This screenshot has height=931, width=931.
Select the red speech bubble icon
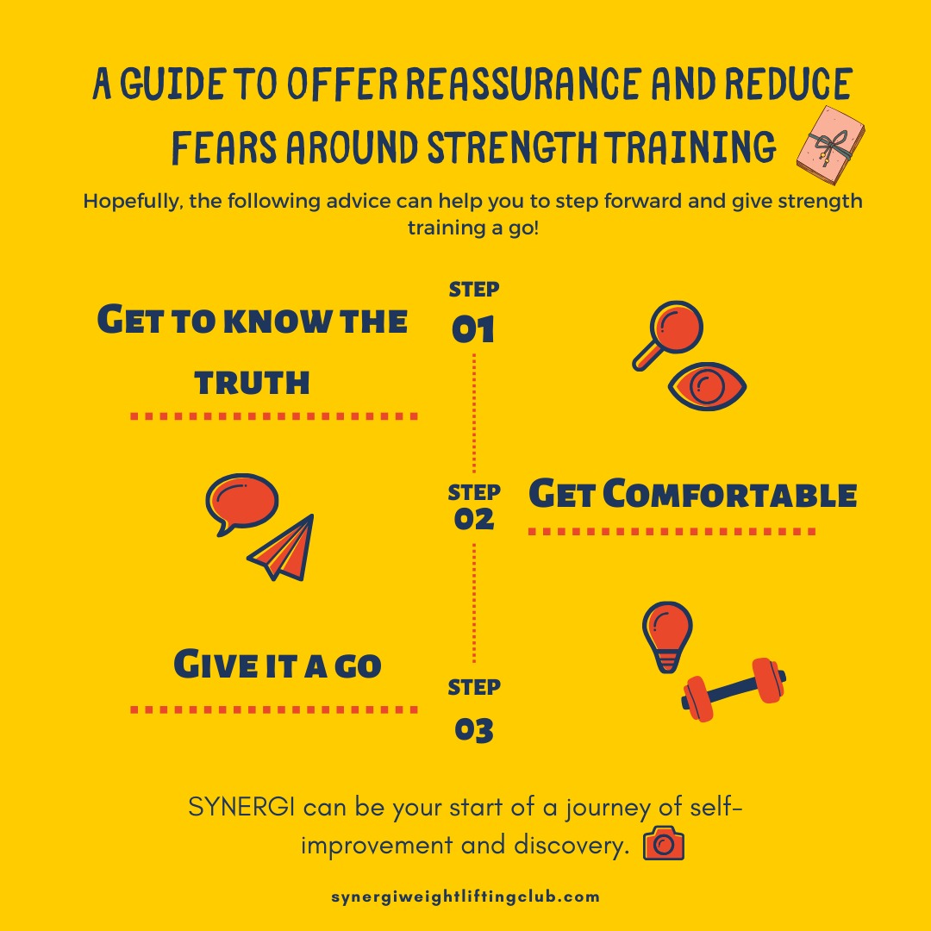[241, 502]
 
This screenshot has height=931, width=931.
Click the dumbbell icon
[733, 689]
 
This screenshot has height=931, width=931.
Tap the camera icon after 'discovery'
[664, 844]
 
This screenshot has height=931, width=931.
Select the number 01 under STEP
[473, 329]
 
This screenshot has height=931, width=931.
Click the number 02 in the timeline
[473, 519]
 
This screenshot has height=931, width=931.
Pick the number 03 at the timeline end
[473, 731]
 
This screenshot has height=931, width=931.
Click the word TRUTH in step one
[252, 382]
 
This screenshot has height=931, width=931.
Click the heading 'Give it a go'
[278, 665]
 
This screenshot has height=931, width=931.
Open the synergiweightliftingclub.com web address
[465, 897]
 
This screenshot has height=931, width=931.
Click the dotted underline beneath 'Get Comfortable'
[672, 532]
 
